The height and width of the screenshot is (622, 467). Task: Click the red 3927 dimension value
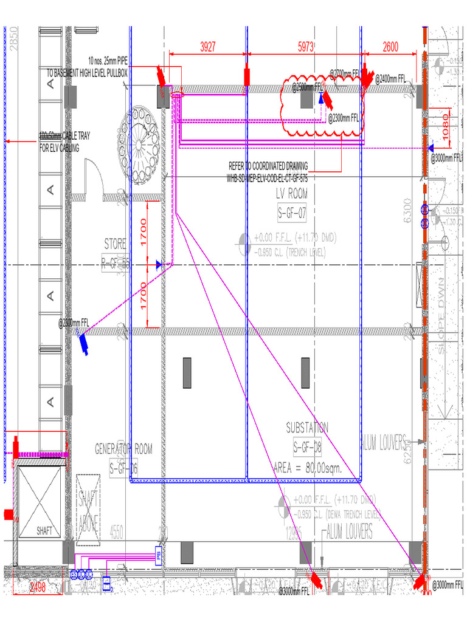[207, 46]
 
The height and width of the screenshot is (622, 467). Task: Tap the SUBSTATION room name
[307, 428]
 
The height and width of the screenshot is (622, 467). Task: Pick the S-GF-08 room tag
[307, 448]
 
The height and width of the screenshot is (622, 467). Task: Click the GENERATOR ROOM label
[123, 449]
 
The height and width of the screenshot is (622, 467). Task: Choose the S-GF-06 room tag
[123, 468]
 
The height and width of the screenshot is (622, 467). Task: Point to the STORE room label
[115, 244]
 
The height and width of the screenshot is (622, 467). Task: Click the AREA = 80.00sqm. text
[307, 468]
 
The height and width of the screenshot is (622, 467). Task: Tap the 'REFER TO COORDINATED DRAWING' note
[268, 166]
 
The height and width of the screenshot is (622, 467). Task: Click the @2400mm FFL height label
[390, 78]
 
